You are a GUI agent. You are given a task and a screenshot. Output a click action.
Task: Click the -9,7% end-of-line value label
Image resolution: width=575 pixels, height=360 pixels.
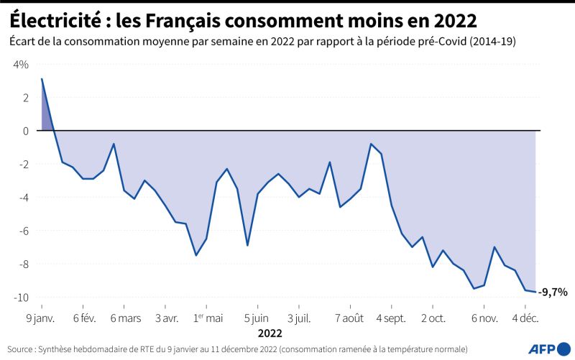coord(553,292)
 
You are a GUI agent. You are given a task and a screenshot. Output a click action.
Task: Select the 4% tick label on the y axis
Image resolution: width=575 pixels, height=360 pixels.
coord(20,65)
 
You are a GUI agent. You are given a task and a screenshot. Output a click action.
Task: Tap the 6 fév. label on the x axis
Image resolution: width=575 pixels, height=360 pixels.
coord(84,317)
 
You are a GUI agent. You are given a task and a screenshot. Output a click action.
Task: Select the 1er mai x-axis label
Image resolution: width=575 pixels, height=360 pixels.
coord(209,317)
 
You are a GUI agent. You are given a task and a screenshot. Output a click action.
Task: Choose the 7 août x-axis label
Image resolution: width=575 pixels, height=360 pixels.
coord(349,317)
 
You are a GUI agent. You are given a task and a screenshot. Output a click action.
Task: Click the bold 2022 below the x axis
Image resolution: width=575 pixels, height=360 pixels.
coord(270,333)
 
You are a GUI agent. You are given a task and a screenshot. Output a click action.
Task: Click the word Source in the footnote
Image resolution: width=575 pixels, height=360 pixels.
coord(21,349)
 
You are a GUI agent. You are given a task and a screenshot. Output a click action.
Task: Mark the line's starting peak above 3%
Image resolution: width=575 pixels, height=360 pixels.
coord(42,79)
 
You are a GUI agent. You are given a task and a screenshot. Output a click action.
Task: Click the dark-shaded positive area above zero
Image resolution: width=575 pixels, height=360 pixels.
coord(46,115)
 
